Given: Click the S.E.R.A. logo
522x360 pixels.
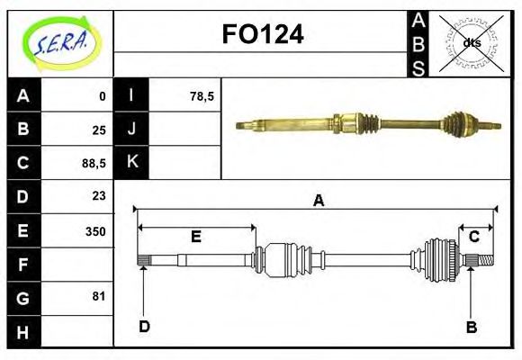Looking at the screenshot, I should tap(60, 40).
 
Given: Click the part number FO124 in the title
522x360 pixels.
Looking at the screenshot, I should tap(262, 35).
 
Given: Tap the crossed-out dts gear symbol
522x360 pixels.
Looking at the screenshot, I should tap(471, 42).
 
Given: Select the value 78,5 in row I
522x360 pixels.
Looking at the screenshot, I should tap(202, 95).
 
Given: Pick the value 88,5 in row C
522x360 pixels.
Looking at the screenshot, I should tap(94, 163).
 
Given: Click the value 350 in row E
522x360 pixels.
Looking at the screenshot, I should tap(94, 230).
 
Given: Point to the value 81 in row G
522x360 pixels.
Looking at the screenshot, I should tap(99, 295).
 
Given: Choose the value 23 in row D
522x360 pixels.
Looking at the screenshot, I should tap(98, 195).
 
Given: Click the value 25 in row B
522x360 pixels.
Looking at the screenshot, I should tap(98, 130).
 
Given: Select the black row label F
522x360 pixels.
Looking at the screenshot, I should tap(23, 265).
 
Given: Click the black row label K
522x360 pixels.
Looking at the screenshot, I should tap(132, 162).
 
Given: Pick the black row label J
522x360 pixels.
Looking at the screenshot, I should tap(132, 129).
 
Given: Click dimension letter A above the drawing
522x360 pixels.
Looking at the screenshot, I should tap(317, 201).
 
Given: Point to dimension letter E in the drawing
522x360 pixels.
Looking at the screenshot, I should tap(195, 237).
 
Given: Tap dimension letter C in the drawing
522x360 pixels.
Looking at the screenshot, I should tap(473, 237).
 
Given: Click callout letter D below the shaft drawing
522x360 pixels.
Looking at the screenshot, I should tap(144, 326).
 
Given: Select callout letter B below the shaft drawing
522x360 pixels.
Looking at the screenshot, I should tap(471, 327).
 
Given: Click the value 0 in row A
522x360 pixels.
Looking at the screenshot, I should tap(103, 95).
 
